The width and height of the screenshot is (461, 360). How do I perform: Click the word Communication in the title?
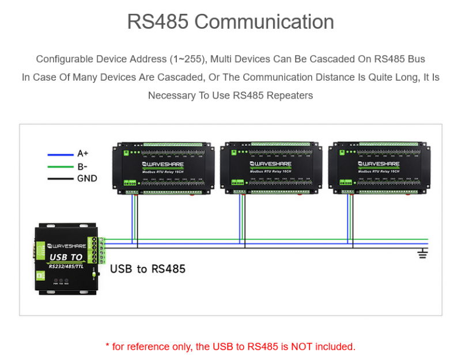pyautogui.click(x=264, y=22)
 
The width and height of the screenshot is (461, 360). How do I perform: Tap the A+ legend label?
pyautogui.click(x=83, y=154)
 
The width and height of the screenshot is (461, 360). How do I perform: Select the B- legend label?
pyautogui.click(x=82, y=166)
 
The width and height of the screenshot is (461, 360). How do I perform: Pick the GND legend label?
pyautogui.click(x=87, y=179)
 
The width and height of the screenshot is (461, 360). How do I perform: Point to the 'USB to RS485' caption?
pyautogui.click(x=148, y=268)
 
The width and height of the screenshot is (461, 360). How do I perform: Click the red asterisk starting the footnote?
pyautogui.click(x=107, y=346)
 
